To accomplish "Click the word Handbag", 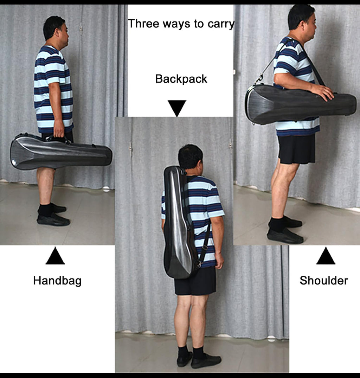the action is pyautogui.click(x=57, y=281).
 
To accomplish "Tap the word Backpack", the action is pyautogui.click(x=181, y=79).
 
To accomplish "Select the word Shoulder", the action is pyautogui.click(x=324, y=281).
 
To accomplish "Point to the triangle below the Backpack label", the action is pyautogui.click(x=177, y=108).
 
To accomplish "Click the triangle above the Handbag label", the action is pyautogui.click(x=55, y=256).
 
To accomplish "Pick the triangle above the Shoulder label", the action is pyautogui.click(x=326, y=256).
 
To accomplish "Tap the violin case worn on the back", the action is pyautogui.click(x=179, y=222).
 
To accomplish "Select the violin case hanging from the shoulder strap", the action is pyautogui.click(x=300, y=104).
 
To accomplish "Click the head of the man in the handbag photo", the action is pyautogui.click(x=56, y=30).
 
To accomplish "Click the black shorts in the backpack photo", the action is pyautogui.click(x=195, y=281).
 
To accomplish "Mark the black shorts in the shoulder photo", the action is pyautogui.click(x=297, y=148).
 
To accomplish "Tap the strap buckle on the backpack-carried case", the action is pyautogui.click(x=205, y=247).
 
